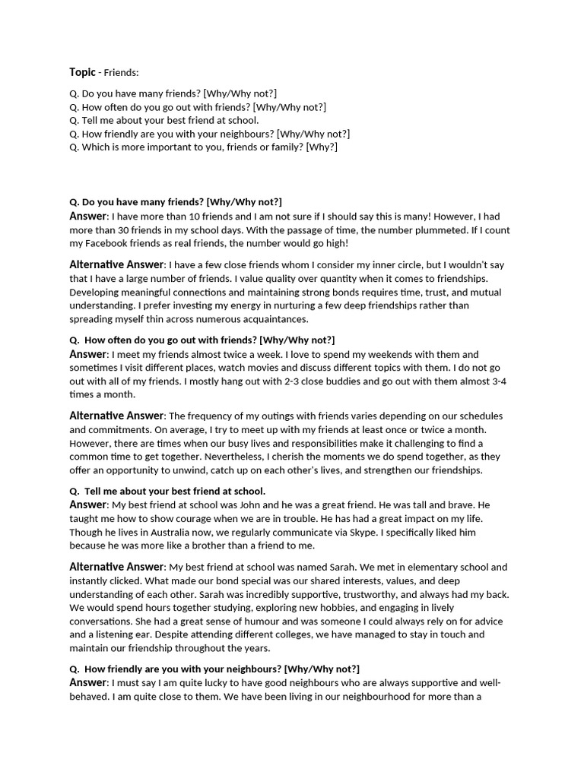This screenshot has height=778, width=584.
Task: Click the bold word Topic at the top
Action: point(82,72)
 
